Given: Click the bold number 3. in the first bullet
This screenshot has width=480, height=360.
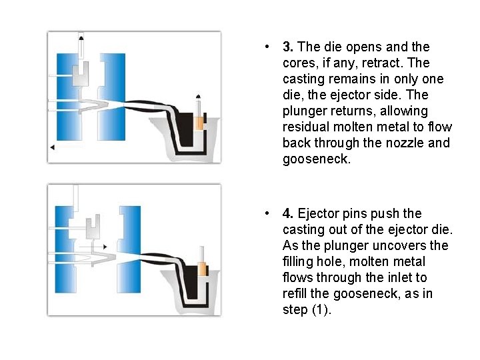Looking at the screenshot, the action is (x=288, y=47).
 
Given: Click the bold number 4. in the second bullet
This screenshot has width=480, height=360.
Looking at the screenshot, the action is (x=288, y=214).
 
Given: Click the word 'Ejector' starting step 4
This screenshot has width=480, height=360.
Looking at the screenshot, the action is (x=318, y=214).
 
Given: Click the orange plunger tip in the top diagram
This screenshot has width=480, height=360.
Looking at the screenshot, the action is (x=199, y=123).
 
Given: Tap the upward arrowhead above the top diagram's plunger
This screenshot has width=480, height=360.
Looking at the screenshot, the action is (x=199, y=97).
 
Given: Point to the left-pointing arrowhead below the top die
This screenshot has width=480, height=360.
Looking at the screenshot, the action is (x=51, y=147).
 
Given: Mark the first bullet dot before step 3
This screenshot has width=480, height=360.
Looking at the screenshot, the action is (x=266, y=47).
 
